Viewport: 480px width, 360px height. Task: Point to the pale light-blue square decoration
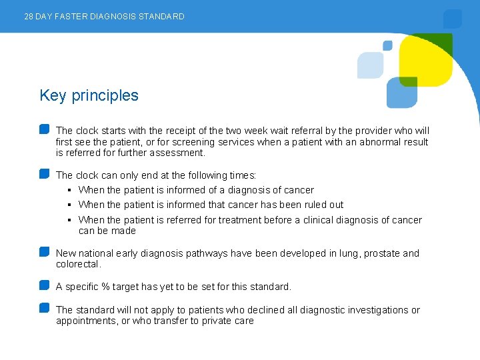(370, 65)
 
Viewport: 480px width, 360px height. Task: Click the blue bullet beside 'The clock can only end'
(44, 174)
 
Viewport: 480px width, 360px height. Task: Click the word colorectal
(77, 264)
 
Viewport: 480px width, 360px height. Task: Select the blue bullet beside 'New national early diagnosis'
(44, 252)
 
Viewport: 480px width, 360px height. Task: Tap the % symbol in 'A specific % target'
(105, 287)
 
